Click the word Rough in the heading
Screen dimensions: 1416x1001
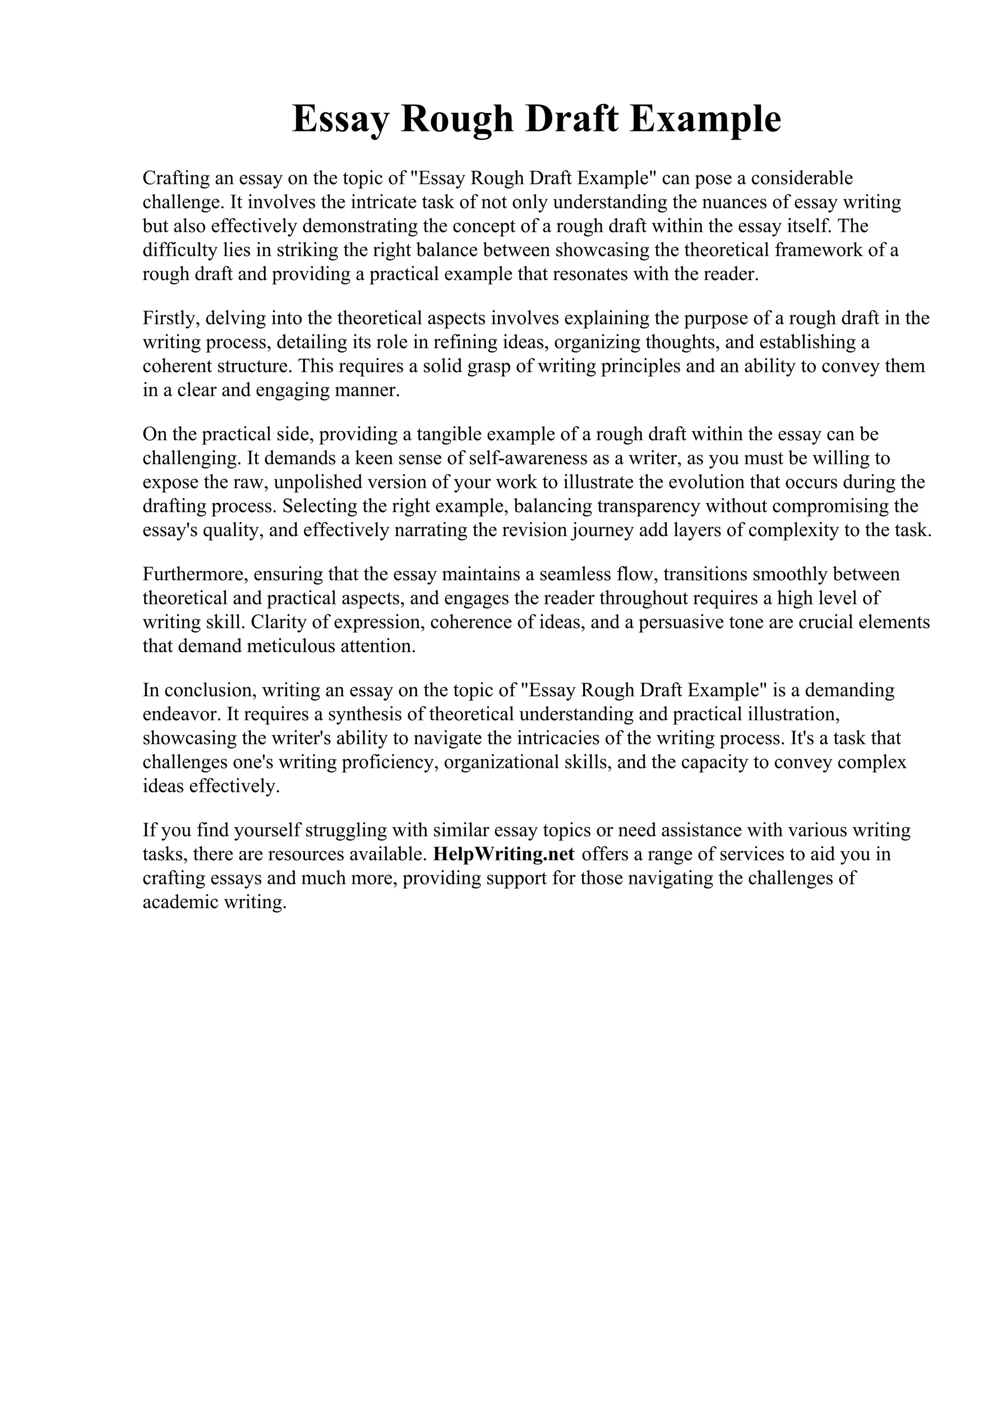point(457,119)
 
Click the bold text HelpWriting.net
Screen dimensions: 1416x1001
point(504,854)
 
